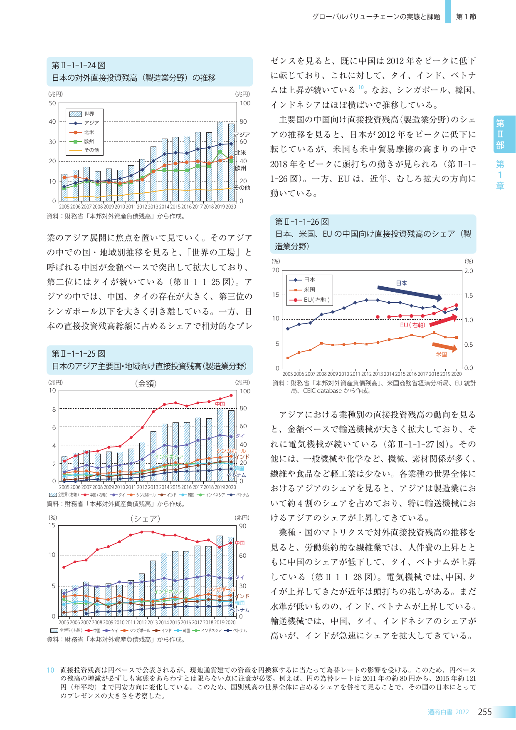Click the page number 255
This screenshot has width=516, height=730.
(485, 712)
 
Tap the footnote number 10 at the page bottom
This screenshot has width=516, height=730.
(50, 670)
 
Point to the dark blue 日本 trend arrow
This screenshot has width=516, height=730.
(410, 293)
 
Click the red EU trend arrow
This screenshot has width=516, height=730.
(443, 320)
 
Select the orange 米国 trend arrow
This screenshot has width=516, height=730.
(445, 347)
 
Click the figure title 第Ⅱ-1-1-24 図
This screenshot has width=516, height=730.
(79, 65)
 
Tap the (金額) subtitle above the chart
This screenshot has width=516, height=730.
(146, 383)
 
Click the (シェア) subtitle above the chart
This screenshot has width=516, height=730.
(145, 519)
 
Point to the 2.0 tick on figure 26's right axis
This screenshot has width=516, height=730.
(469, 271)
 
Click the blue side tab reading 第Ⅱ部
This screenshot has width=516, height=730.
(500, 134)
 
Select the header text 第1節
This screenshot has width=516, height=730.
(466, 17)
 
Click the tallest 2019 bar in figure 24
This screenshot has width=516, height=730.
(220, 161)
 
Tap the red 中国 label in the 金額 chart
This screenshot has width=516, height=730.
(220, 404)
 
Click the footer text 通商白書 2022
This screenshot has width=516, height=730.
(448, 712)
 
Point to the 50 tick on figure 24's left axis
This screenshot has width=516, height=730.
(52, 103)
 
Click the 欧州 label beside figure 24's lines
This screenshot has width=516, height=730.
(241, 169)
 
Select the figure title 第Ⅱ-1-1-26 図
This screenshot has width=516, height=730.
(302, 222)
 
